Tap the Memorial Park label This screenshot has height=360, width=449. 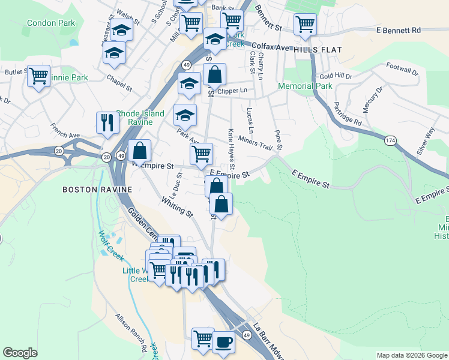304,86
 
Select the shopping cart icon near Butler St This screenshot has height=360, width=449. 39,76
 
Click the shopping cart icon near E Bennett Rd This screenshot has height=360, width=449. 305,25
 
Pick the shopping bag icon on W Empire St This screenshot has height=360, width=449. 139,151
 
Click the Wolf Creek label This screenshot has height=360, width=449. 110,245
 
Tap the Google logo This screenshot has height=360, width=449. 20,353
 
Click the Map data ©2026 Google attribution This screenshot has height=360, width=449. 411,355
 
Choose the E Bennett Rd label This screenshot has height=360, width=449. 399,30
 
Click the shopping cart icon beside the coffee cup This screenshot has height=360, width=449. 203,338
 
